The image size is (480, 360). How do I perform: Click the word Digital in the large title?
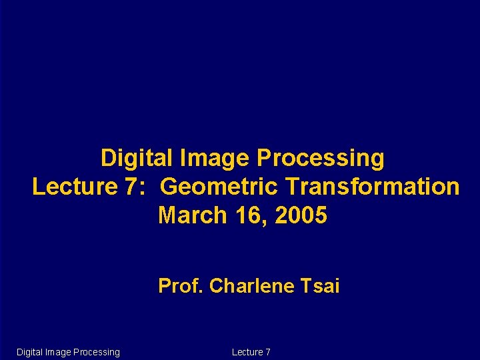pyautogui.click(x=136, y=159)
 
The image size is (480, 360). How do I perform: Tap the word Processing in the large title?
pyautogui.click(x=321, y=159)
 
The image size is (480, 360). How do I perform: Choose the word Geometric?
pyautogui.click(x=214, y=187)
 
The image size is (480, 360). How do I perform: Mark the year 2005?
pyautogui.click(x=301, y=216)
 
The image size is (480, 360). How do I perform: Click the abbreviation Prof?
pyautogui.click(x=181, y=287)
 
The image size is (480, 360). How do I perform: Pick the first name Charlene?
pyautogui.click(x=251, y=287)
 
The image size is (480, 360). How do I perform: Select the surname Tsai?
pyautogui.click(x=320, y=287)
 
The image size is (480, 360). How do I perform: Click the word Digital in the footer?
pyautogui.click(x=29, y=352)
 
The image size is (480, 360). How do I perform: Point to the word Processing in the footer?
pyautogui.click(x=97, y=352)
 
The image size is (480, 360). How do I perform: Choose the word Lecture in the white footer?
pyautogui.click(x=247, y=352)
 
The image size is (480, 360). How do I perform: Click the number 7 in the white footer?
pyautogui.click(x=268, y=352)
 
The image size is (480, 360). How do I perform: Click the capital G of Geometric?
pyautogui.click(x=169, y=187)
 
